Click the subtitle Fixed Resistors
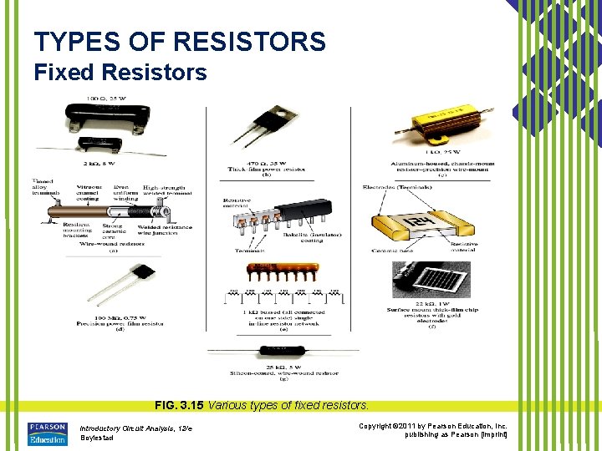120,73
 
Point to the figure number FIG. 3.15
179,405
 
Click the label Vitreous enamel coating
89,194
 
